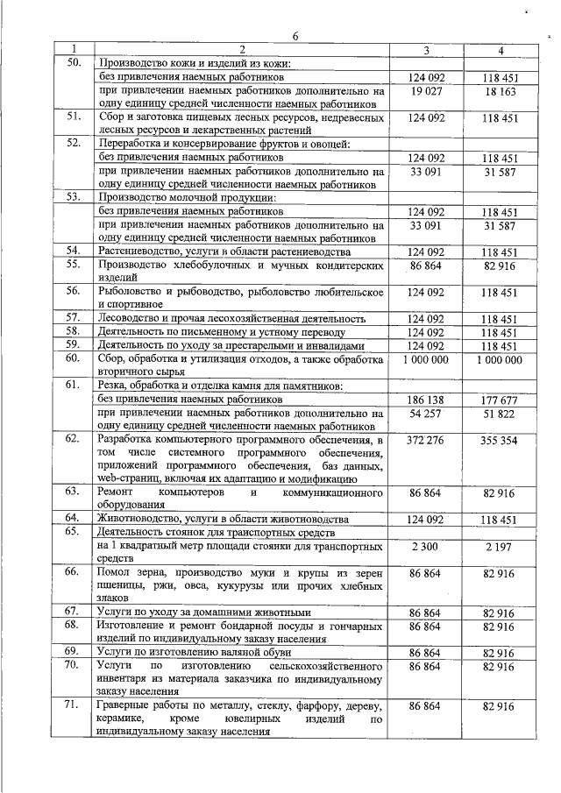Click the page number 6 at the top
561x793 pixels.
click(295, 36)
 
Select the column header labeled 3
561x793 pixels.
click(427, 50)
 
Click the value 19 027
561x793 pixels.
click(427, 90)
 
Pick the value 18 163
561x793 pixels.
click(500, 90)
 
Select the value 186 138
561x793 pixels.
click(427, 400)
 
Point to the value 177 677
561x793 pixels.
click(500, 400)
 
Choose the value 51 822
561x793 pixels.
click(500, 413)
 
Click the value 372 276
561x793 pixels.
click(427, 440)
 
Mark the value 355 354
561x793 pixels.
click(500, 440)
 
